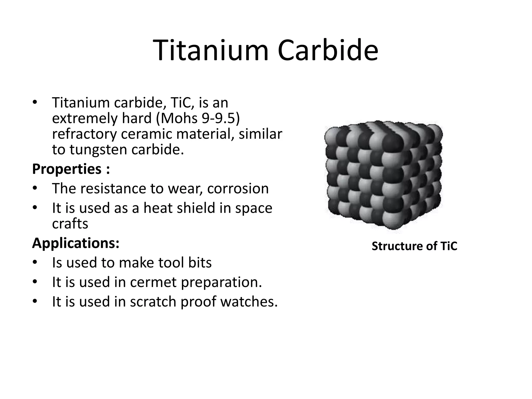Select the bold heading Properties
pyautogui.click(x=67, y=169)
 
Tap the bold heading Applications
pyautogui.click(x=76, y=243)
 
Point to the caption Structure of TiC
pyautogui.click(x=414, y=246)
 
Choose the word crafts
pyautogui.click(x=70, y=223)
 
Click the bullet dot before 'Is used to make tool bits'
pyautogui.click(x=35, y=262)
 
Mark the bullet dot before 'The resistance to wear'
pyautogui.click(x=35, y=188)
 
